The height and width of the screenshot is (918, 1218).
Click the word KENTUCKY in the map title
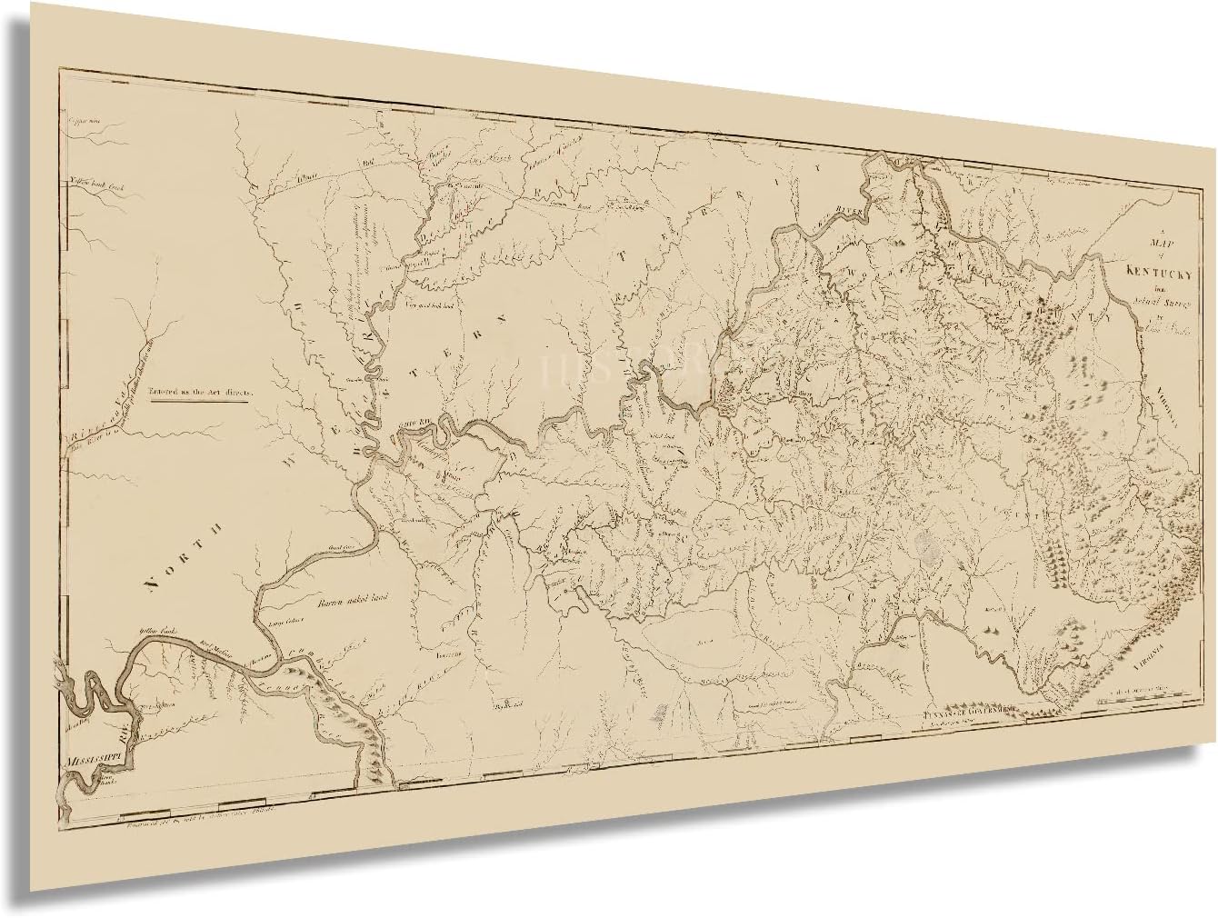pyautogui.click(x=1148, y=271)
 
